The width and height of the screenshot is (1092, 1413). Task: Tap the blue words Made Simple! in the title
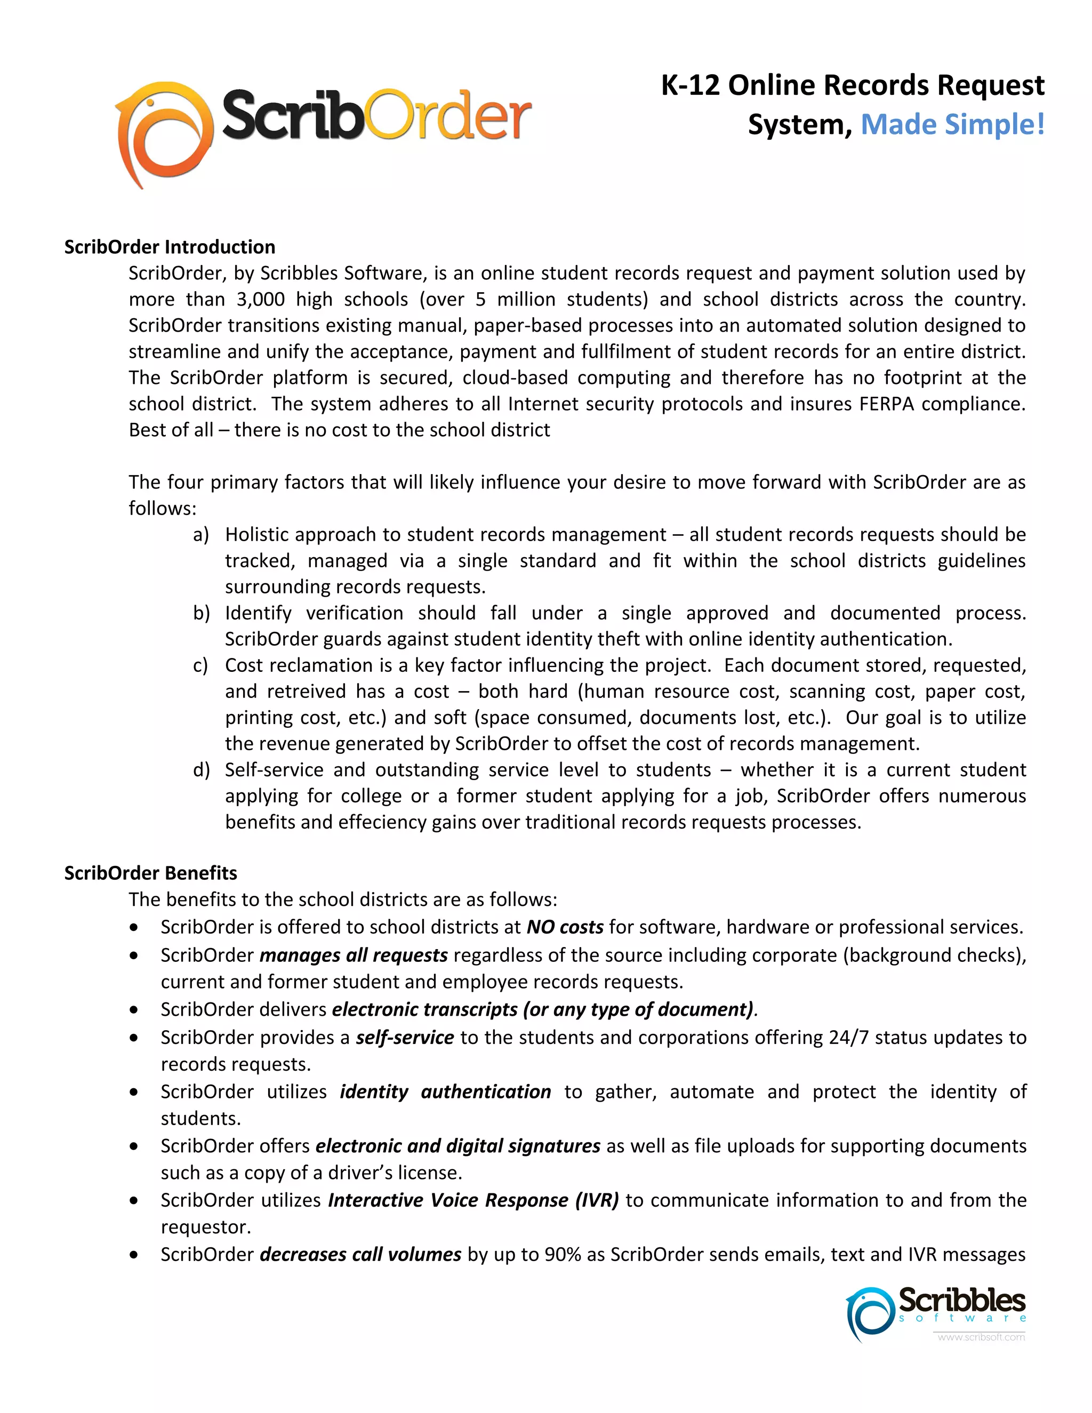tap(952, 124)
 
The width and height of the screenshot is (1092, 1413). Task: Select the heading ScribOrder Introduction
tap(170, 247)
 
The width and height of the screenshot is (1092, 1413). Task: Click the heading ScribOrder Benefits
tap(151, 873)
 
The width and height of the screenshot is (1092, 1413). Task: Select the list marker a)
tap(201, 534)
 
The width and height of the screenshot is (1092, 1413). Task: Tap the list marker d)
tap(201, 770)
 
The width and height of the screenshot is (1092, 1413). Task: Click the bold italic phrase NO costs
tap(565, 927)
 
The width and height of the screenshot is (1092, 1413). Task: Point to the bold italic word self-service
tap(405, 1038)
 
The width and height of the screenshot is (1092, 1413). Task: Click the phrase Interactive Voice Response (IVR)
tap(473, 1200)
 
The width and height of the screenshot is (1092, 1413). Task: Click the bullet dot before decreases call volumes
tap(134, 1255)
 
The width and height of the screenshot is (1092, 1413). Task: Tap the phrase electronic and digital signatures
tap(457, 1146)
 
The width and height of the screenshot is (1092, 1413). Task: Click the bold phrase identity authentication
tap(445, 1092)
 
